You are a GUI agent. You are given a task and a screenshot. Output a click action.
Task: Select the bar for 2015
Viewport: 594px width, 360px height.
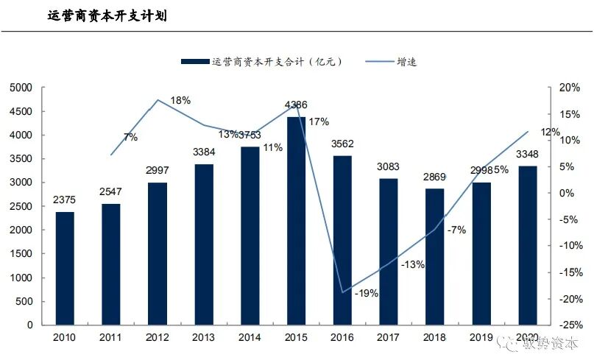pyautogui.click(x=297, y=221)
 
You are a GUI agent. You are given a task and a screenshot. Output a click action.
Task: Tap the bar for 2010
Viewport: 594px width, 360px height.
pyautogui.click(x=66, y=268)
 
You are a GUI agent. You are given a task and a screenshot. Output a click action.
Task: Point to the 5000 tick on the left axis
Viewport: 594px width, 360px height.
pyautogui.click(x=22, y=88)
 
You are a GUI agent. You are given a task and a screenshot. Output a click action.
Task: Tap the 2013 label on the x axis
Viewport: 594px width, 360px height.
pyautogui.click(x=204, y=336)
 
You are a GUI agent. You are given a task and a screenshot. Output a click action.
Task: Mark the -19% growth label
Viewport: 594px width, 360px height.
pyautogui.click(x=366, y=293)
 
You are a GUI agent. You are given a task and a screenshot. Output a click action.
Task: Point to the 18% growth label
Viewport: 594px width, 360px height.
pyautogui.click(x=180, y=100)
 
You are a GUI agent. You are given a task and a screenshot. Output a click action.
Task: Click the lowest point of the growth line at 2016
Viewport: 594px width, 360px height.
pyautogui.click(x=342, y=292)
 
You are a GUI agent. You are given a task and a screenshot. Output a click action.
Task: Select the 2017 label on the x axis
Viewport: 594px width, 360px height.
pyautogui.click(x=389, y=336)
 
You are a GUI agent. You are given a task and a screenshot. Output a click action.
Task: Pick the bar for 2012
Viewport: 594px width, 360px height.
pyautogui.click(x=158, y=253)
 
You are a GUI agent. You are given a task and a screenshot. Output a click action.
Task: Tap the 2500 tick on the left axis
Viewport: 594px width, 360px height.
pyautogui.click(x=22, y=206)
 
